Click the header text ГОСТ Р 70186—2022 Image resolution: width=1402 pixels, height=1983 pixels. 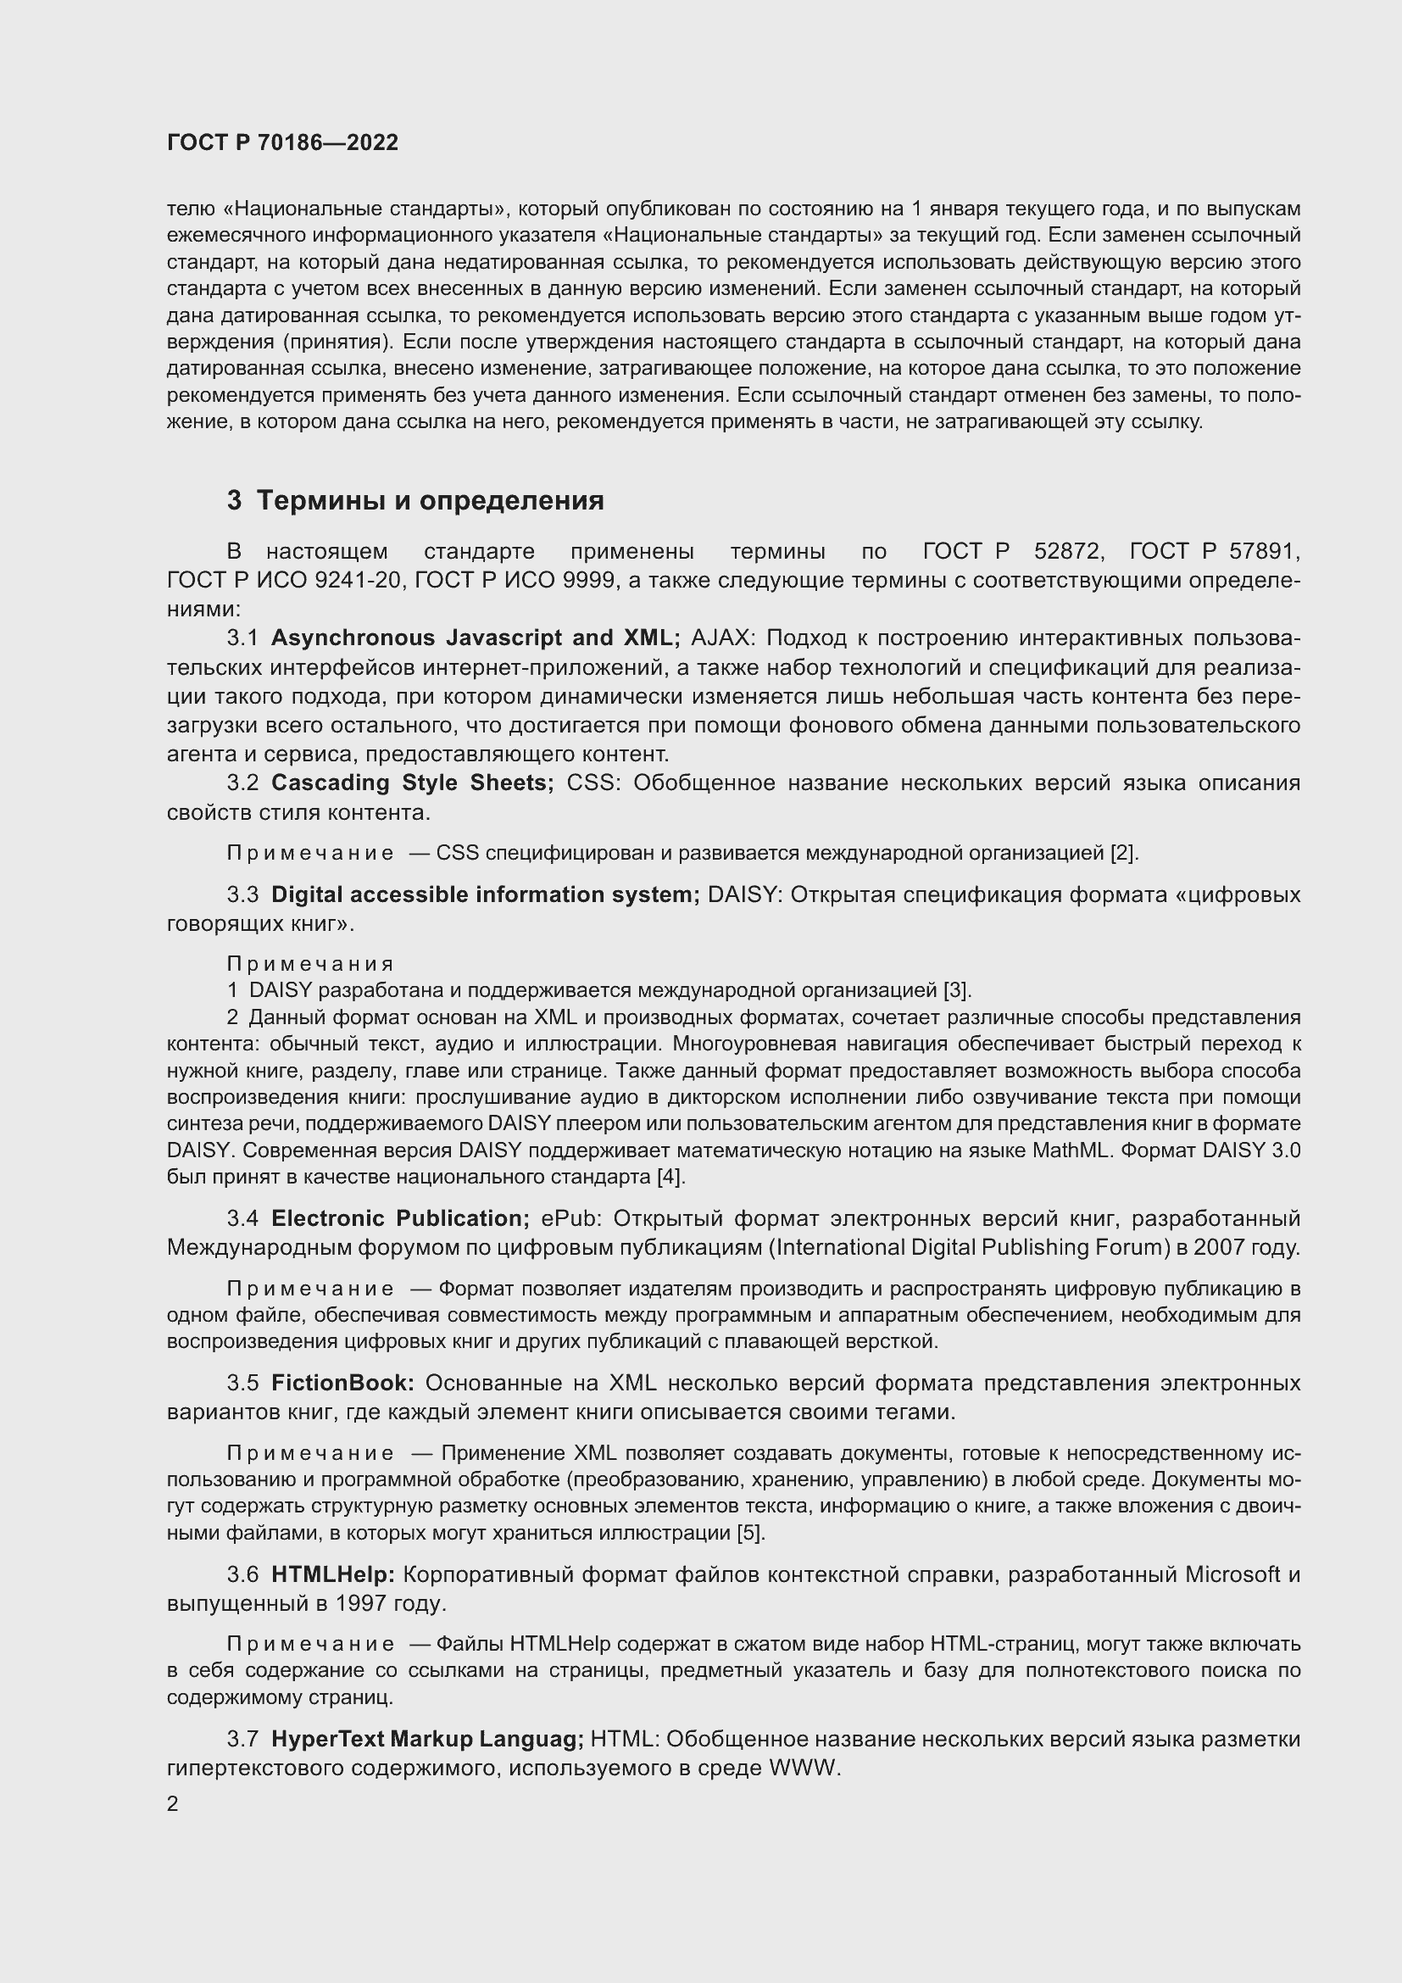[282, 142]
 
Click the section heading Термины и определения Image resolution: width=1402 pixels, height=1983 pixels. [430, 500]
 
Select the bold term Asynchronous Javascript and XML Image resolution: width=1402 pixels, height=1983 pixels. [475, 638]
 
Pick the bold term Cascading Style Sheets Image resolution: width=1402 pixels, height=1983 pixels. [412, 783]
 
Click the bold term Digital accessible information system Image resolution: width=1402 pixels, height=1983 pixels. [485, 894]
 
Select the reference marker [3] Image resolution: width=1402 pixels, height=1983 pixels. [957, 989]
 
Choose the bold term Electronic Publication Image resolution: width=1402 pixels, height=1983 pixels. [400, 1218]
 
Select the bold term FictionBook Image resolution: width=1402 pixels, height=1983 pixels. [342, 1383]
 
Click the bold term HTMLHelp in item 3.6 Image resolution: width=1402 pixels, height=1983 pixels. [332, 1574]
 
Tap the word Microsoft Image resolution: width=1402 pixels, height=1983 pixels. [1232, 1574]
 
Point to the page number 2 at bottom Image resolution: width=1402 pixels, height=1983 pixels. [173, 1804]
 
